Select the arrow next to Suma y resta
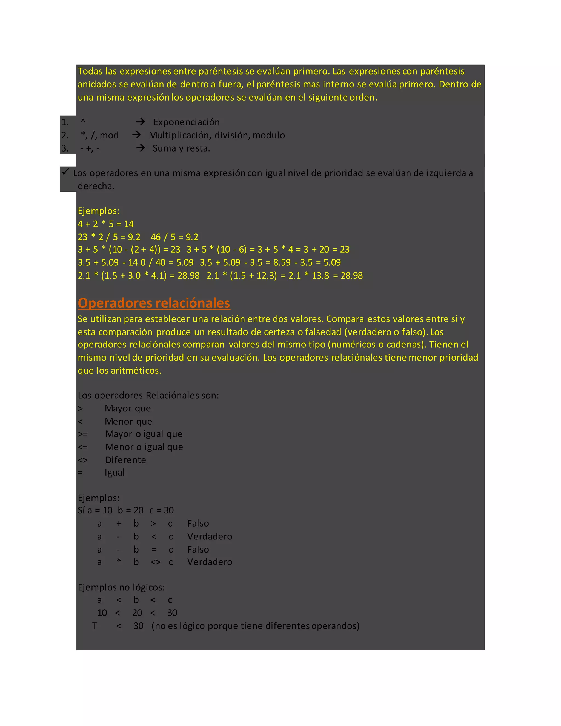pos(140,148)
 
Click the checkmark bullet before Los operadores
pos(65,172)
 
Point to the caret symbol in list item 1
pos(83,122)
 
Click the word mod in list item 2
pos(109,135)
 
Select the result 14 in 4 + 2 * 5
pos(129,224)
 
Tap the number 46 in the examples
pos(156,237)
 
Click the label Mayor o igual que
pos(144,434)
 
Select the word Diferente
pos(126,460)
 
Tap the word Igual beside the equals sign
pos(115,472)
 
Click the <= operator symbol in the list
pos(83,447)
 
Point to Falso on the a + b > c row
pos(198,524)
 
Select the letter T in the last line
pos(95,626)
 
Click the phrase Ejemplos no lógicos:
pos(121,587)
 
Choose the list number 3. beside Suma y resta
pos(65,148)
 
